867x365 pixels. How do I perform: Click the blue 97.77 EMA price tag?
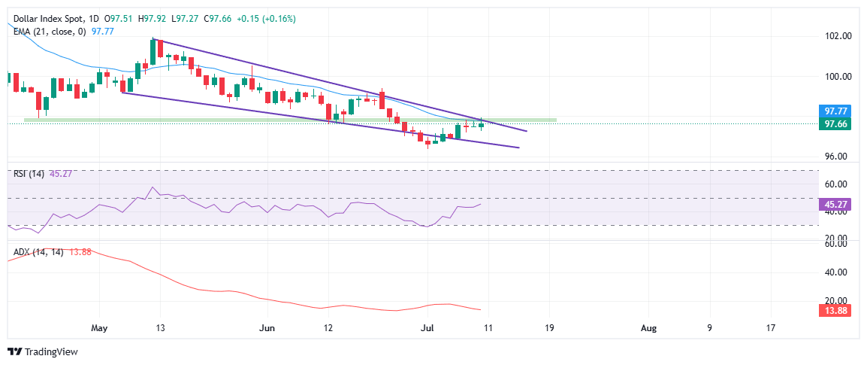[x=836, y=110]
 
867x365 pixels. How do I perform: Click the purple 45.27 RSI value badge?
[x=836, y=203]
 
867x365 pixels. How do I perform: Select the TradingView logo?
[x=42, y=351]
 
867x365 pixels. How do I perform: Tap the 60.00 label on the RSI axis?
[x=835, y=184]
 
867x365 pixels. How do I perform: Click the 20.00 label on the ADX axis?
[x=835, y=300]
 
